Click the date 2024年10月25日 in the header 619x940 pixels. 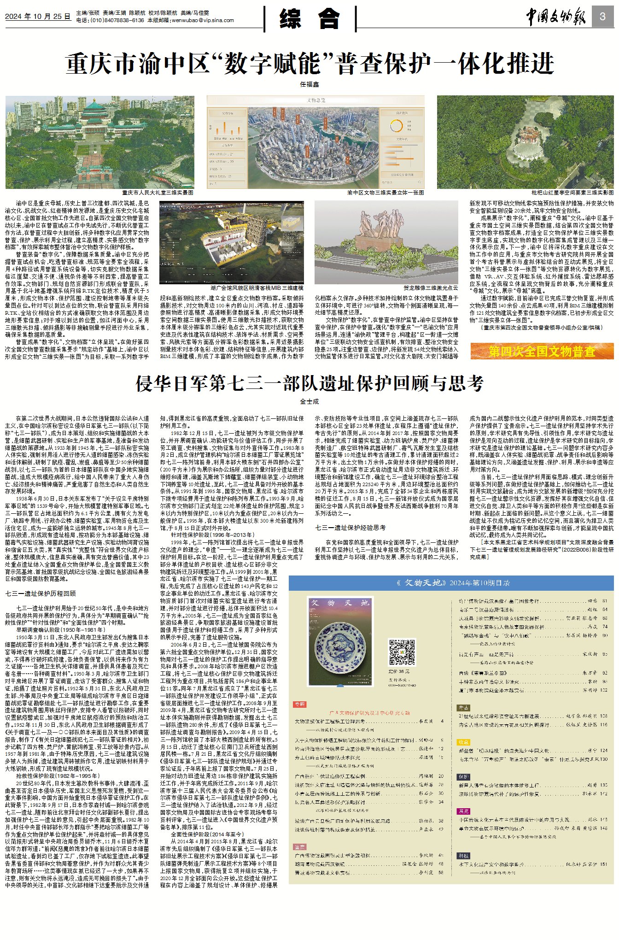38,17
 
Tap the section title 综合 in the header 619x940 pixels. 310,19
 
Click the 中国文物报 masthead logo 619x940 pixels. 556,18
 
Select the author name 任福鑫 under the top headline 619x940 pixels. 309,84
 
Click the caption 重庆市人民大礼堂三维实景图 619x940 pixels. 158,193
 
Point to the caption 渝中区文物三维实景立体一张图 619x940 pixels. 385,193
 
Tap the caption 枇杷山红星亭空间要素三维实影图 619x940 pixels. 572,193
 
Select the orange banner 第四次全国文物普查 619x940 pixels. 542,352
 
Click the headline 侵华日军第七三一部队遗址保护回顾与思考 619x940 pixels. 309,383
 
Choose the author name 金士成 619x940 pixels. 309,401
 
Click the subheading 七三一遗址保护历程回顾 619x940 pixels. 41,593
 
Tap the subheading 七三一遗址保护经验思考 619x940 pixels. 350,528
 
